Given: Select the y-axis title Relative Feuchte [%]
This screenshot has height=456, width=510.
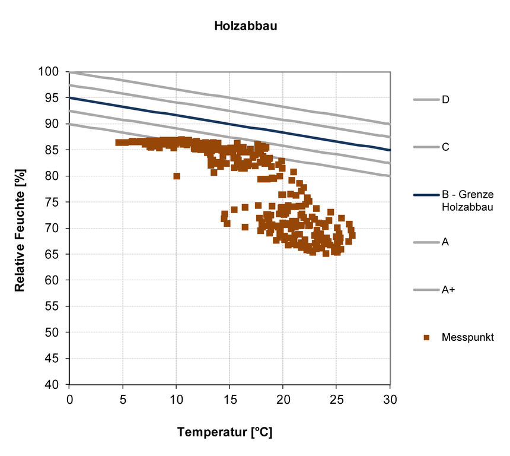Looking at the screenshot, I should click(19, 229).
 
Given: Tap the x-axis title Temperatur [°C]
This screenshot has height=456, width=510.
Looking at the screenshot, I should click(225, 432).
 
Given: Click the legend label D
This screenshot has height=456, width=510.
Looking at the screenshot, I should click(445, 99).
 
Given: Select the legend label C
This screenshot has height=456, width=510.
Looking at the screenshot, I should click(445, 147).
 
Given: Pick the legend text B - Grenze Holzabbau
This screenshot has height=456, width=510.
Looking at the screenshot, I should click(468, 200).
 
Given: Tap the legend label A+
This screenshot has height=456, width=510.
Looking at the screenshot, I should click(448, 290).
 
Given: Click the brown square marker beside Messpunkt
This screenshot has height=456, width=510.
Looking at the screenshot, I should click(426, 337).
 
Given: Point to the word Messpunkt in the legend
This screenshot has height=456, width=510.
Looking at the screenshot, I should click(467, 337).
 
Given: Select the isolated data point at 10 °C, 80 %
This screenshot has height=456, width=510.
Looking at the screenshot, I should click(177, 176).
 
